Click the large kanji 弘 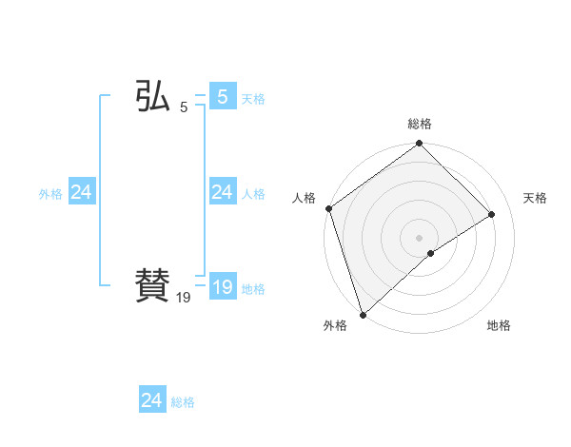[152, 97]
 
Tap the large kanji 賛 [152, 284]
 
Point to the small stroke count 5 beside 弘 [184, 108]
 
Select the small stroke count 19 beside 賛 [184, 298]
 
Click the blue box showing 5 [222, 96]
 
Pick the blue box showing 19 [222, 287]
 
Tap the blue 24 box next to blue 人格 [222, 193]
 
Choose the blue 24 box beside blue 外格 [81, 193]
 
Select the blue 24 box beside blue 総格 [152, 400]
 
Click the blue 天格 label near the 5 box [253, 99]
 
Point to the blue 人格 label [253, 194]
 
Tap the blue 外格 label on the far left [50, 194]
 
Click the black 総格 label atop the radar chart [420, 124]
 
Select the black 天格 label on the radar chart [536, 198]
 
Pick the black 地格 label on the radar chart [499, 325]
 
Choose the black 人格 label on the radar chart [304, 198]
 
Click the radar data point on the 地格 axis [431, 253]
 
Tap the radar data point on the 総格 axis [420, 145]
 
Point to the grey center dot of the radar [420, 237]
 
